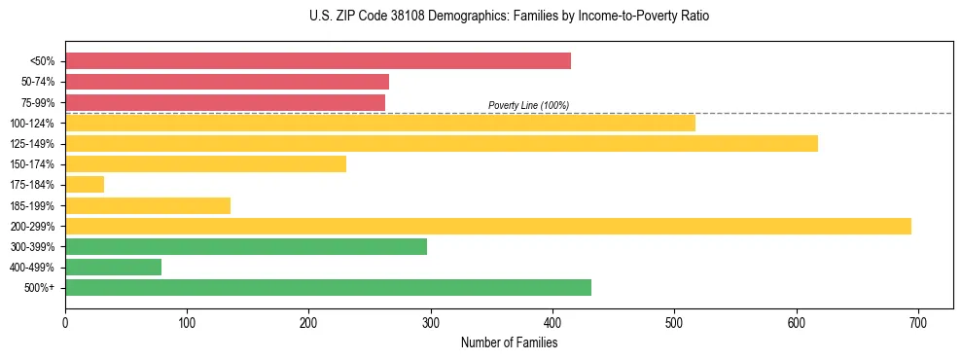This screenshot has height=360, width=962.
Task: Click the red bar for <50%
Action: [318, 61]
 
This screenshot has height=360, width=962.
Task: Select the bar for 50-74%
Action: [227, 82]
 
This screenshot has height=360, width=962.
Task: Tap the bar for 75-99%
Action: [225, 102]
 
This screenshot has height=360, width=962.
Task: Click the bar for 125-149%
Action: [442, 144]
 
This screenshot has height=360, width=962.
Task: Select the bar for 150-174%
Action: [205, 164]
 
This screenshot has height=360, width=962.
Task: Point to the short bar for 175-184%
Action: [85, 185]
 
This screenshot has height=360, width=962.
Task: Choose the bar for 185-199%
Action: [148, 205]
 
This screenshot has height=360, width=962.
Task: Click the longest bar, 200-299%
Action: [488, 226]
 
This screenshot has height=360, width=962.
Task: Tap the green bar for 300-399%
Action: [246, 247]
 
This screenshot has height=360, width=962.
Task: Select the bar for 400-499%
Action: [113, 268]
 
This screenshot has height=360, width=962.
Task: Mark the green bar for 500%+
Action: [328, 288]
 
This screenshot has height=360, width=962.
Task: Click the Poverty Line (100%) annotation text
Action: [528, 105]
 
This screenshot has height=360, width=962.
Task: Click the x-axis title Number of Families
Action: [509, 342]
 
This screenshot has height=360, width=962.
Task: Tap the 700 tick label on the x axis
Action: [918, 322]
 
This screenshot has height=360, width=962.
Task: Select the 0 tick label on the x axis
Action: [65, 322]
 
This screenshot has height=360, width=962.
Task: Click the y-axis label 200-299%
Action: [32, 227]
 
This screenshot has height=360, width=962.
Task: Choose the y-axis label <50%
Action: [43, 61]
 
